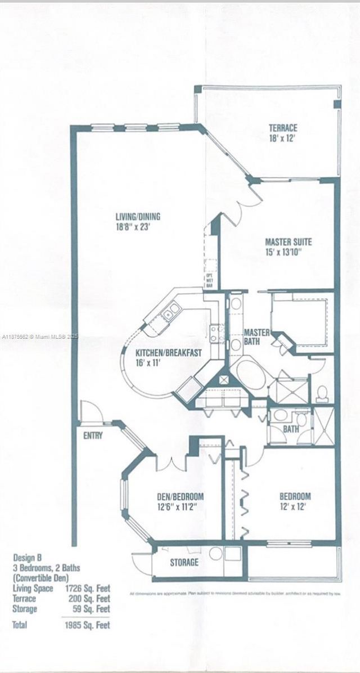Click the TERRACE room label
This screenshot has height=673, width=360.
tap(282, 128)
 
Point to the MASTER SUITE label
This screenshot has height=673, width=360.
tap(288, 243)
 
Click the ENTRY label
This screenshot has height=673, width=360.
tap(92, 436)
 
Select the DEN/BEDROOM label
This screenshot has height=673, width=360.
tap(179, 497)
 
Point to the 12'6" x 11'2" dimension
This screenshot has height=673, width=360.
tap(179, 506)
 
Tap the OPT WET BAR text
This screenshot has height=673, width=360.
tap(209, 280)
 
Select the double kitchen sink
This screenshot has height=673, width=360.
tap(171, 311)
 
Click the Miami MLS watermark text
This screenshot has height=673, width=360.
tap(39, 336)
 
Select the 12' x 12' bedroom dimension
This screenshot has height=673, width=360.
tap(295, 506)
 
